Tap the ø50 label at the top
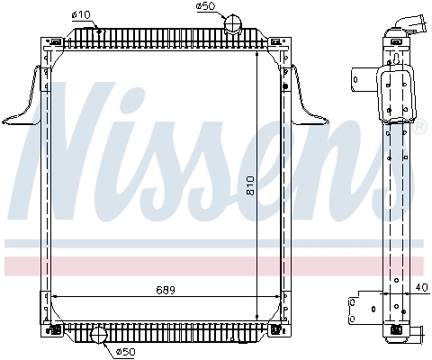coord(206,7)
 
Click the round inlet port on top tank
coord(235,23)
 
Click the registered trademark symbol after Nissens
coord(418,129)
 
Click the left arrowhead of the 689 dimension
coord(56,296)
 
